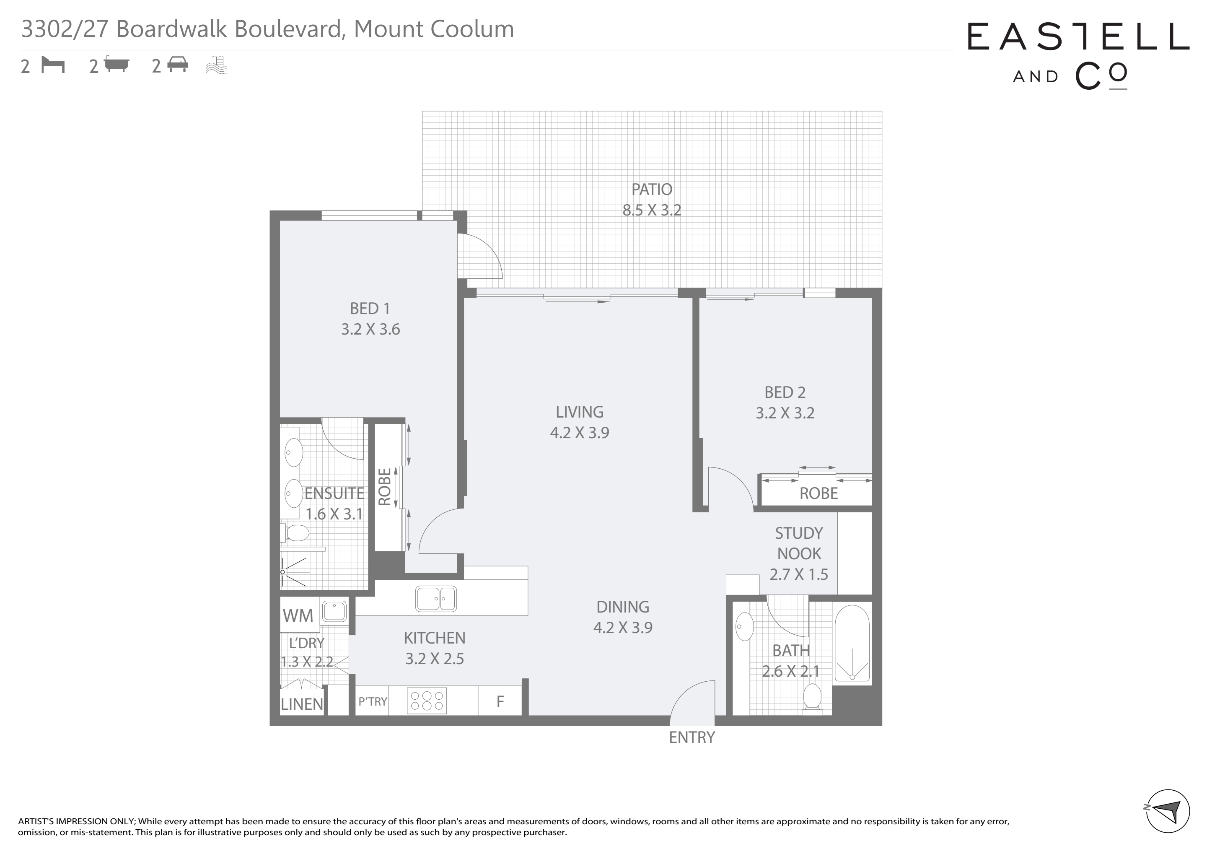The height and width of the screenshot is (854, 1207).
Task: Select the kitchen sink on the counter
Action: (x=436, y=598)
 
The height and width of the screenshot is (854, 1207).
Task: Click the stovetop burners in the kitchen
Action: (x=426, y=701)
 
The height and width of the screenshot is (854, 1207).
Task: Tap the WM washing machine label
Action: (x=298, y=615)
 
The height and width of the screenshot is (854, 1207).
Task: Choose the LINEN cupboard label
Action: (x=302, y=704)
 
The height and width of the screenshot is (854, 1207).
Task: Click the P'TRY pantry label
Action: (x=373, y=701)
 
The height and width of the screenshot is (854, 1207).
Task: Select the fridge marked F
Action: (x=500, y=701)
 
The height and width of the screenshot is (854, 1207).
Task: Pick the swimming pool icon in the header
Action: (x=217, y=65)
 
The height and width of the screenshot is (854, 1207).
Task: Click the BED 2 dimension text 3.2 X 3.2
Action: (x=785, y=413)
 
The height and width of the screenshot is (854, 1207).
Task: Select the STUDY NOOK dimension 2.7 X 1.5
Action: (x=798, y=574)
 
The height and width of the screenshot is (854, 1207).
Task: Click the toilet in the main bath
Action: (x=813, y=699)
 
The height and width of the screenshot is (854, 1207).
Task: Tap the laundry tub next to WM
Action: (x=334, y=612)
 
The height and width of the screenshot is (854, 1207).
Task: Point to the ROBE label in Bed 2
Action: (x=818, y=493)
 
